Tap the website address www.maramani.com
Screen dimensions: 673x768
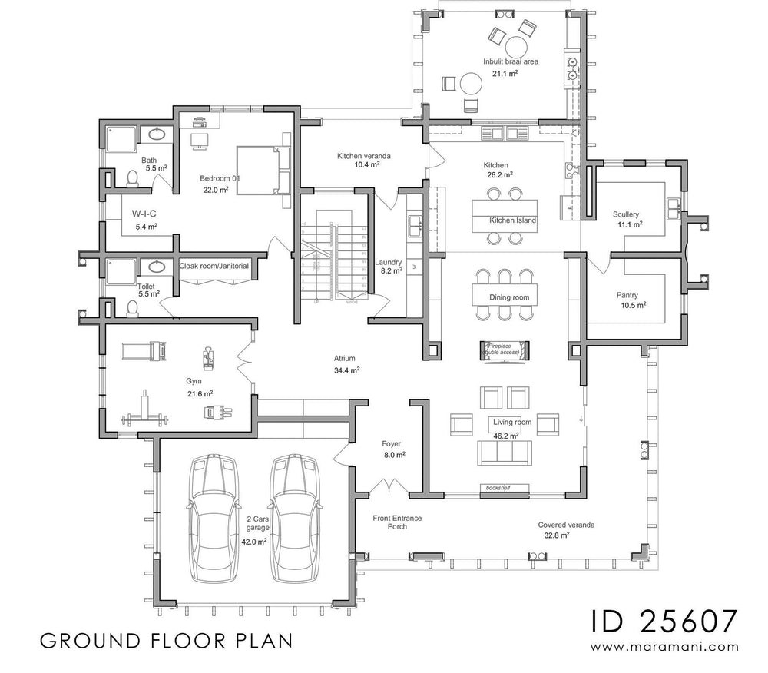coord(665,647)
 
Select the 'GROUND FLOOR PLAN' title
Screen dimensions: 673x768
coord(164,640)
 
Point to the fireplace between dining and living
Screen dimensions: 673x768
coord(502,349)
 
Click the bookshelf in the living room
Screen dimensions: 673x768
coord(495,487)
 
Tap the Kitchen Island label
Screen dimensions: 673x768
coord(512,220)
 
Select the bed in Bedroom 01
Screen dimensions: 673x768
coord(260,170)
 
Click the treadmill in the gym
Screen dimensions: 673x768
coord(141,350)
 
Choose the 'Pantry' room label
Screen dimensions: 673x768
coord(627,295)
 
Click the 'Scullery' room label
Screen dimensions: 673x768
coord(626,214)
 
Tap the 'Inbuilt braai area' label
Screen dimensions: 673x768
coord(510,61)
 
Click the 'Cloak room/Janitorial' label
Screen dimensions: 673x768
coord(214,266)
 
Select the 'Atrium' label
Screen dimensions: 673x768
coord(343,358)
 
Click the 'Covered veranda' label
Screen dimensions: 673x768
coord(566,525)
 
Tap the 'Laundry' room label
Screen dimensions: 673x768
coord(388,262)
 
